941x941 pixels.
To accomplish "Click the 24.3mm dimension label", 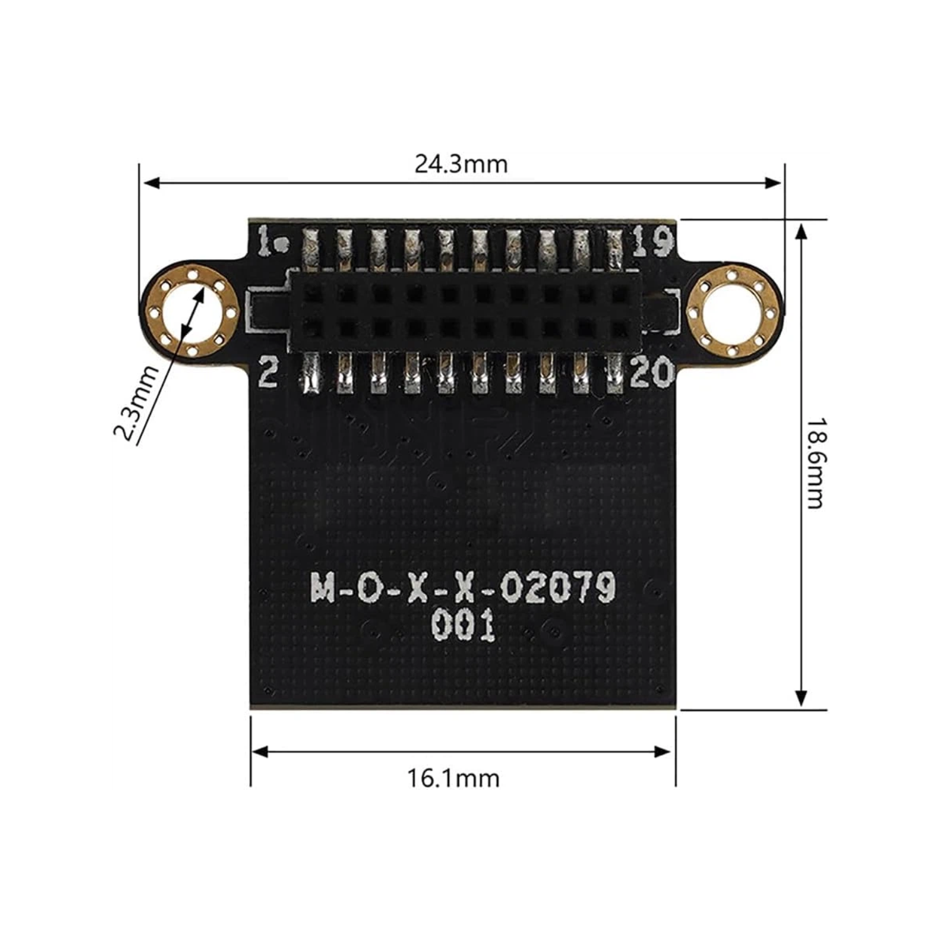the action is (x=461, y=164).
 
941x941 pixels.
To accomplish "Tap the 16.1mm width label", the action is (x=454, y=779).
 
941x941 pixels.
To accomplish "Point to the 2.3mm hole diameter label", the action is (x=137, y=404).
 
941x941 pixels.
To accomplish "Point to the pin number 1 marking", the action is (x=266, y=242).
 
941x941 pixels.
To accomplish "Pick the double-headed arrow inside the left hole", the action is (x=191, y=310).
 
